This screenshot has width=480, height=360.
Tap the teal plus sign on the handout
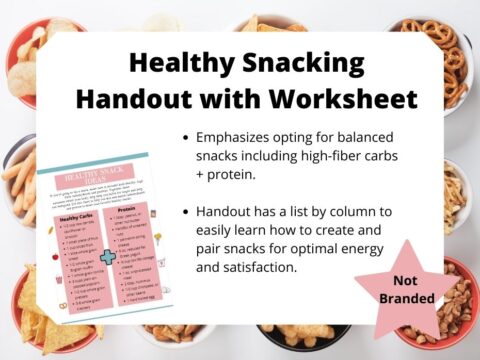(x=107, y=257)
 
